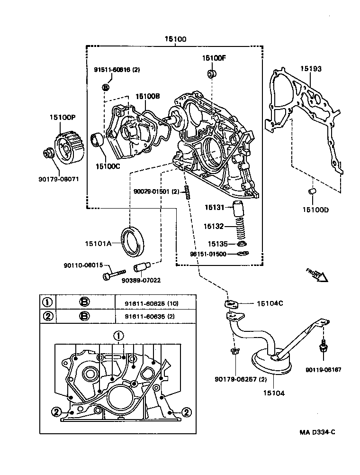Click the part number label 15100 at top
175,39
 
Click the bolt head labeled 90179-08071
48,153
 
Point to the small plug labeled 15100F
212,74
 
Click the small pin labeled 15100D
313,191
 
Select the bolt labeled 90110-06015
112,274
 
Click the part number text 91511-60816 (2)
116,70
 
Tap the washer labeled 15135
242,244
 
